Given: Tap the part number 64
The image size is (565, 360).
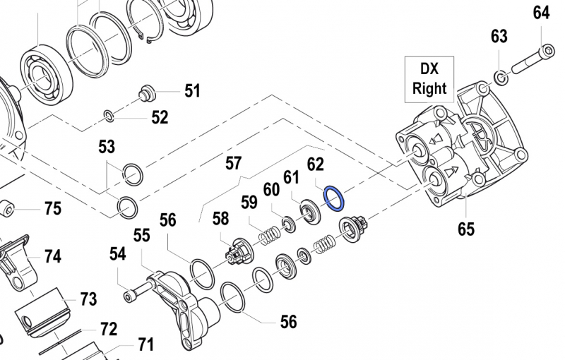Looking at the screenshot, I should pos(541,13).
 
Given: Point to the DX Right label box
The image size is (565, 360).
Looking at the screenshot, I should pos(429,78).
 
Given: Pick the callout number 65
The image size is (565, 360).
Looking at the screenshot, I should pos(466,229).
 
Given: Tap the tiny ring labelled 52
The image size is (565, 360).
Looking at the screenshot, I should pos(108,115).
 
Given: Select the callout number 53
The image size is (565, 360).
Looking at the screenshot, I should pos(107,148).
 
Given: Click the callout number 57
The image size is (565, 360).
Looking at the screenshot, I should pos(234,164).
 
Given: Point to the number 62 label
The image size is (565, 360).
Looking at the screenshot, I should pos(315,165).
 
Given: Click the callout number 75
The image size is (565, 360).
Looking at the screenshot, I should pos(53,209).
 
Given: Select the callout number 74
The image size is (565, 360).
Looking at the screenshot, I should pos(53,256).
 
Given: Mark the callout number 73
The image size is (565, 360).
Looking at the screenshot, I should pos(88,300).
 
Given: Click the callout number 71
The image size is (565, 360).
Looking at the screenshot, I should pos(145,345).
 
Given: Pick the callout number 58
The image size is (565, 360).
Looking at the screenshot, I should pos(221,219).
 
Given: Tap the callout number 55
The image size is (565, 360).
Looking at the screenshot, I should pos(142,235).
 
